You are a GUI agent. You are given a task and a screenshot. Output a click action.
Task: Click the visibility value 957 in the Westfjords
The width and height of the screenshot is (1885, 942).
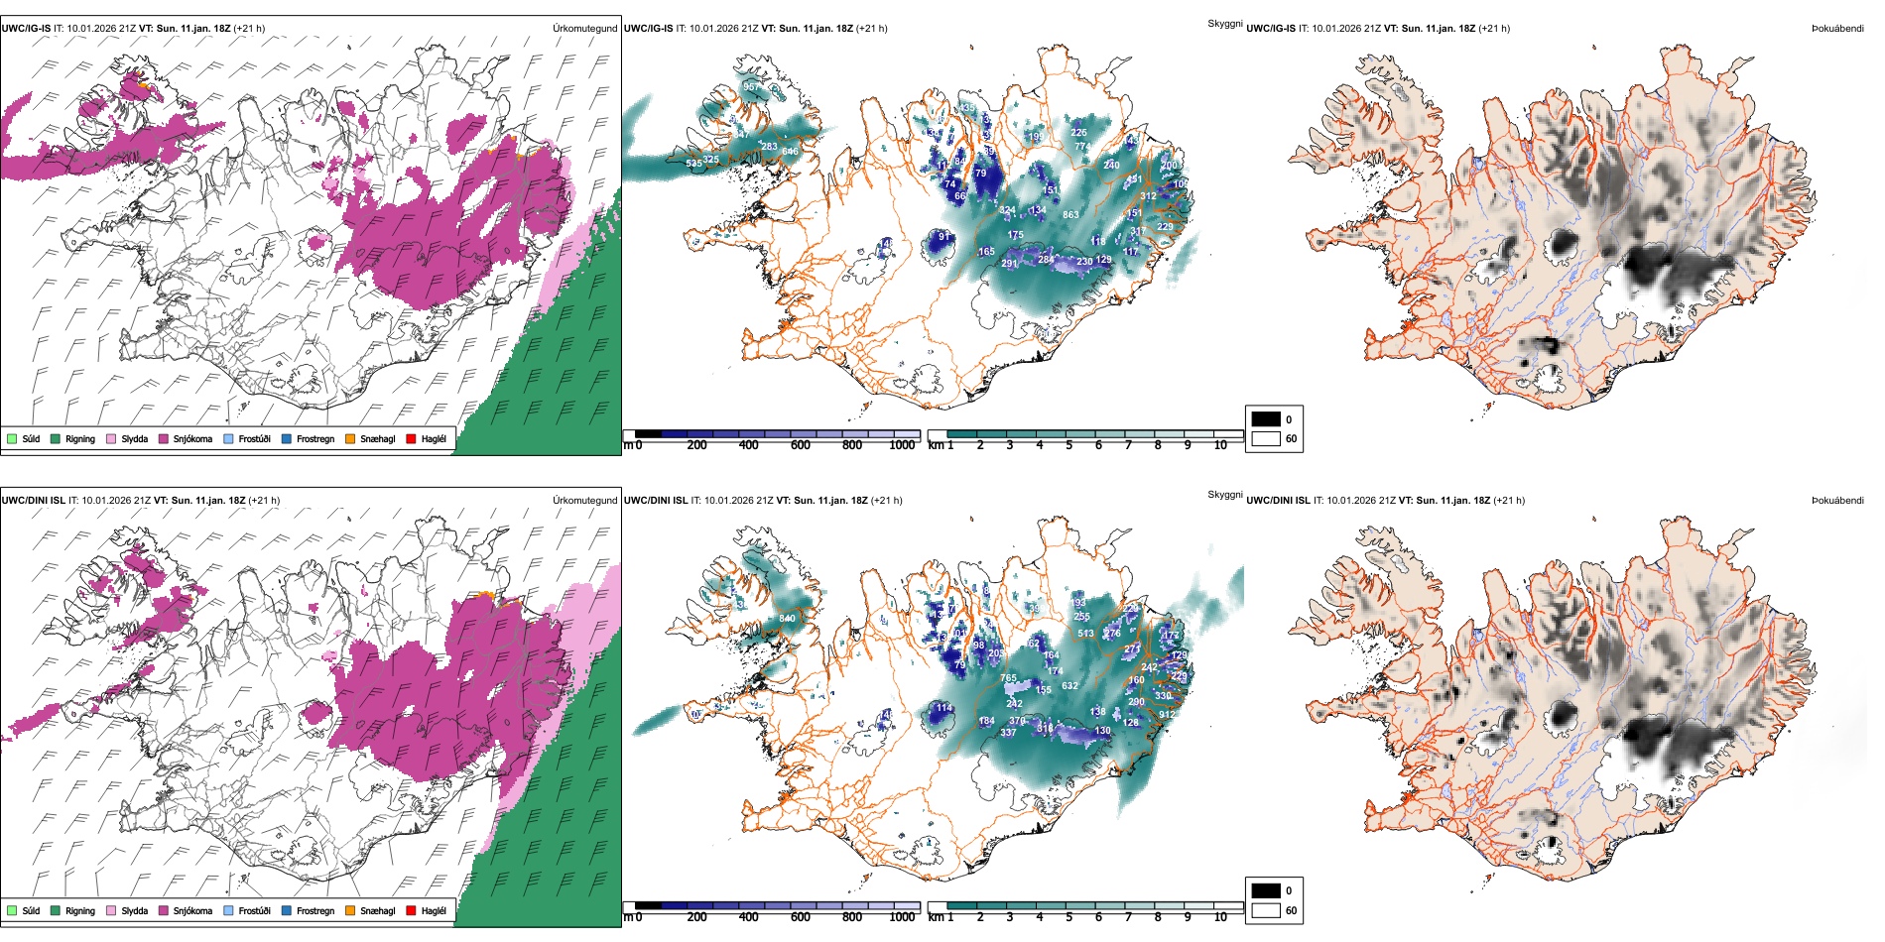pos(751,87)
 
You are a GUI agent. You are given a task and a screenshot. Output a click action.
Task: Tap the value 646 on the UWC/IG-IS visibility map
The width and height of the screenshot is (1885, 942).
pos(790,152)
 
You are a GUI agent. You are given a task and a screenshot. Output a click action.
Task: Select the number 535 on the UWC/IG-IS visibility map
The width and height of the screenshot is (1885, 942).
pos(693,163)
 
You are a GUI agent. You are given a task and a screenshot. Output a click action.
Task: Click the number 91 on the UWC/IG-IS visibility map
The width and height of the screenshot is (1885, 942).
pos(944,237)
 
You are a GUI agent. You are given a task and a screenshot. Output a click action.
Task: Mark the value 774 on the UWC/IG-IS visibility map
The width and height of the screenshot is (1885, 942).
pos(1082,146)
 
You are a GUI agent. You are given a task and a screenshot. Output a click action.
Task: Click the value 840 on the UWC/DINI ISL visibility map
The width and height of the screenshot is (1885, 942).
pos(787,618)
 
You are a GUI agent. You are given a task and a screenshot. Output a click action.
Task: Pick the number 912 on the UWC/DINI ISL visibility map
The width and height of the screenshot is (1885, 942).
pos(1167,714)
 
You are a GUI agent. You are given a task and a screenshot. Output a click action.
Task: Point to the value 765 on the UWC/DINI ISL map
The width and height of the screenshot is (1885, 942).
pos(1008,678)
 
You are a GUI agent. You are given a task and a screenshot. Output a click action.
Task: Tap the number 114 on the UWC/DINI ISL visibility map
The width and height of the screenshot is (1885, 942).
pos(943,707)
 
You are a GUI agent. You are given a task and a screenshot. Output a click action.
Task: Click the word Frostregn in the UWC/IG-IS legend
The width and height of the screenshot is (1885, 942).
pos(315,438)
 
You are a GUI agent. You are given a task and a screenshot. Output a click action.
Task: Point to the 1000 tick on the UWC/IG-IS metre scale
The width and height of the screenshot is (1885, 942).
pos(902,445)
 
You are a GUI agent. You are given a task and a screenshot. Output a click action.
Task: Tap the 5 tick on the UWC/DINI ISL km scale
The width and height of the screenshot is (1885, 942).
pos(1068,917)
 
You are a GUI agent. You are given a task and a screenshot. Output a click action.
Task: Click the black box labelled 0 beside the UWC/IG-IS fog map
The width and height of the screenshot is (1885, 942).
pos(1266,418)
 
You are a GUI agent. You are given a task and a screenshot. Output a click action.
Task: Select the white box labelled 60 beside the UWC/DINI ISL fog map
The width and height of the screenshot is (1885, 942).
pos(1266,910)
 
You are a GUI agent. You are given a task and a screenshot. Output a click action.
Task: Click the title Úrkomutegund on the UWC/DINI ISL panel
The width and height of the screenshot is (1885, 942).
pos(584,500)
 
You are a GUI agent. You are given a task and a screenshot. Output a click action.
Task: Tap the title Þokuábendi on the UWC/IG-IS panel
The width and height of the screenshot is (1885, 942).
pos(1837,28)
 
